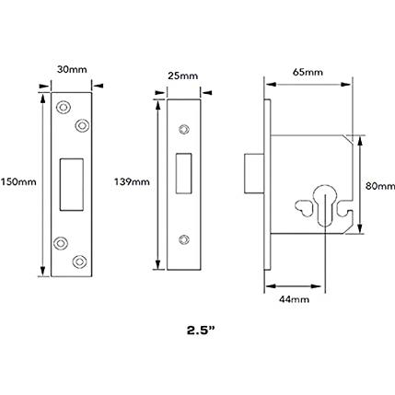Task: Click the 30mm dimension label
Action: click(72, 70)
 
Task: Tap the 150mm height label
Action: click(18, 182)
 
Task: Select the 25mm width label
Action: click(183, 76)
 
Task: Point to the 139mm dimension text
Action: click(132, 182)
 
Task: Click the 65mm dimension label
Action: click(308, 72)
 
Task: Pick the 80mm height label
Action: click(380, 186)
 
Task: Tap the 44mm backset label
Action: click(294, 299)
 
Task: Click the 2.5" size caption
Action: click(201, 331)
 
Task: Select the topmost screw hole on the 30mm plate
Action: click(64, 107)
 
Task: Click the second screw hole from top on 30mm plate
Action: click(82, 125)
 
